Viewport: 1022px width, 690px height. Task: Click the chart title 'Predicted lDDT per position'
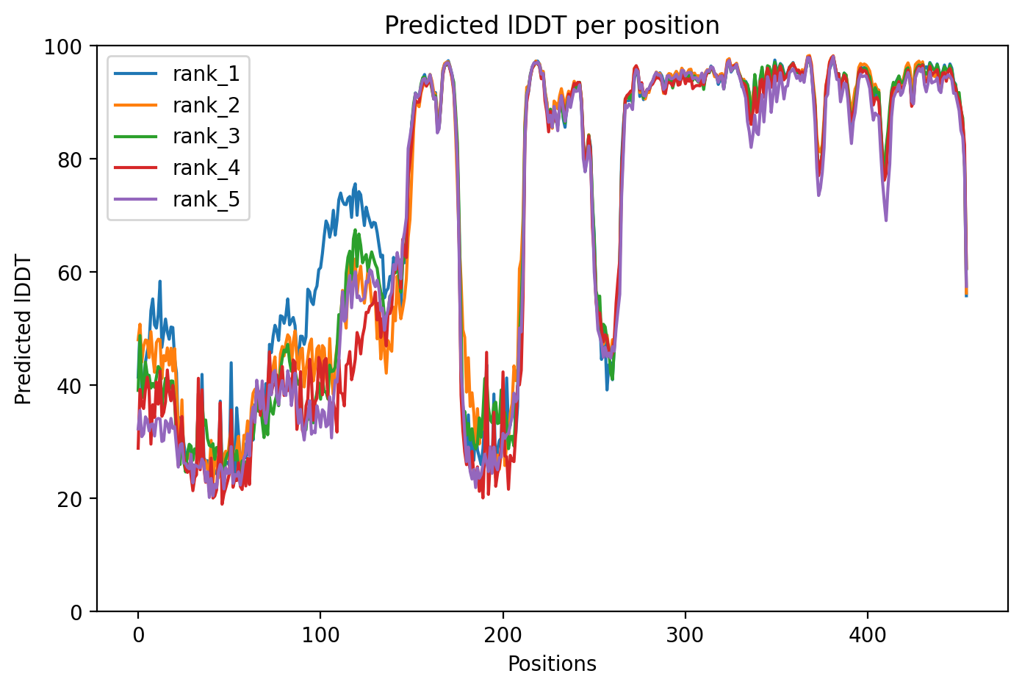click(x=552, y=26)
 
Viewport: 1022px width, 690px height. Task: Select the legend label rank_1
click(x=206, y=73)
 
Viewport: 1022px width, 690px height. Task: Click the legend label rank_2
click(x=206, y=105)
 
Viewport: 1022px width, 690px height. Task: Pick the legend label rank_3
click(x=206, y=137)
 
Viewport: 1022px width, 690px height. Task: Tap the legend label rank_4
click(x=206, y=168)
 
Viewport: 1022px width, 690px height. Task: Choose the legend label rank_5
click(x=206, y=200)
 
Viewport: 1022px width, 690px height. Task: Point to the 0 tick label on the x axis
click(x=138, y=634)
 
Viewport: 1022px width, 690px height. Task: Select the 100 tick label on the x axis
click(x=320, y=634)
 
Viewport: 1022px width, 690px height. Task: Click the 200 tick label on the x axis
click(x=503, y=634)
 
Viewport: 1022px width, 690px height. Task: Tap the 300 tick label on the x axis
click(x=685, y=634)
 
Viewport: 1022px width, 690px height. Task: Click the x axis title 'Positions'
click(x=552, y=664)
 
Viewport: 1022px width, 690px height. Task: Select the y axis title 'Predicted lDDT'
click(x=24, y=329)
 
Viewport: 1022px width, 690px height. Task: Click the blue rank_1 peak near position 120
click(x=355, y=184)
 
